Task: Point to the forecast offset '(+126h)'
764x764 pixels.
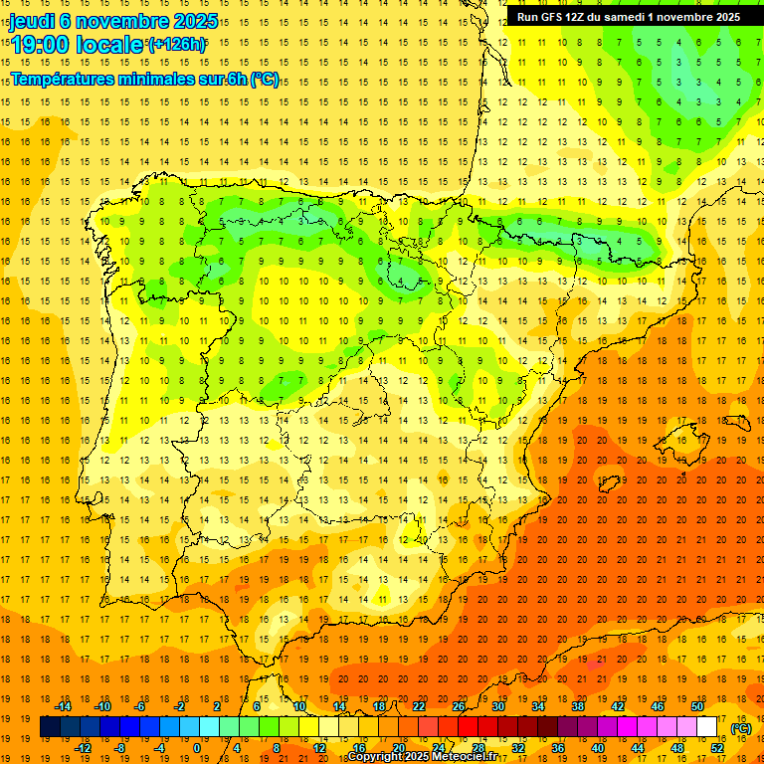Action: (177, 44)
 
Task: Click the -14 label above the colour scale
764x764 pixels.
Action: (64, 706)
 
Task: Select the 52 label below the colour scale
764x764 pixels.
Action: (717, 748)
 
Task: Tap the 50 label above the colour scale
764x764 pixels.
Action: (697, 706)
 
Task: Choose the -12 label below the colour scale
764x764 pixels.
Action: (84, 748)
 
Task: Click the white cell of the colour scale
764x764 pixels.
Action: (707, 727)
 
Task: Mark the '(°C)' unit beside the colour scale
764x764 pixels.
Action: (741, 728)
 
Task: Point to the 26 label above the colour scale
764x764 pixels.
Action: (459, 706)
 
